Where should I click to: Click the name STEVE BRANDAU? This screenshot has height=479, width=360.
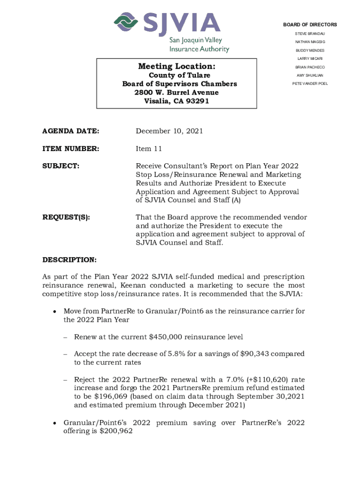[310, 34]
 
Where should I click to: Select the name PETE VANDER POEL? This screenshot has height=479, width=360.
[310, 84]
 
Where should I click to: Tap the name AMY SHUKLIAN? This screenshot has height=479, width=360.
[310, 75]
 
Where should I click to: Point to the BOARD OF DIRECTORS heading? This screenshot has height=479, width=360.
[310, 25]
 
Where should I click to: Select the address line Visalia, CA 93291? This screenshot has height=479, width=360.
[177, 101]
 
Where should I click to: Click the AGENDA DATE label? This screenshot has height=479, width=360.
[71, 131]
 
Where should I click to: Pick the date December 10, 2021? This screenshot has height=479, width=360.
[169, 131]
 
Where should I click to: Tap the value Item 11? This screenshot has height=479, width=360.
[150, 149]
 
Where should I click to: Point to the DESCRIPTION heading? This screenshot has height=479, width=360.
[70, 260]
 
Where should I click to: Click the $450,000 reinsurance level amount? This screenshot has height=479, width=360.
[166, 337]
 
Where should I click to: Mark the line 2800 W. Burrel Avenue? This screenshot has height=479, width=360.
[177, 93]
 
